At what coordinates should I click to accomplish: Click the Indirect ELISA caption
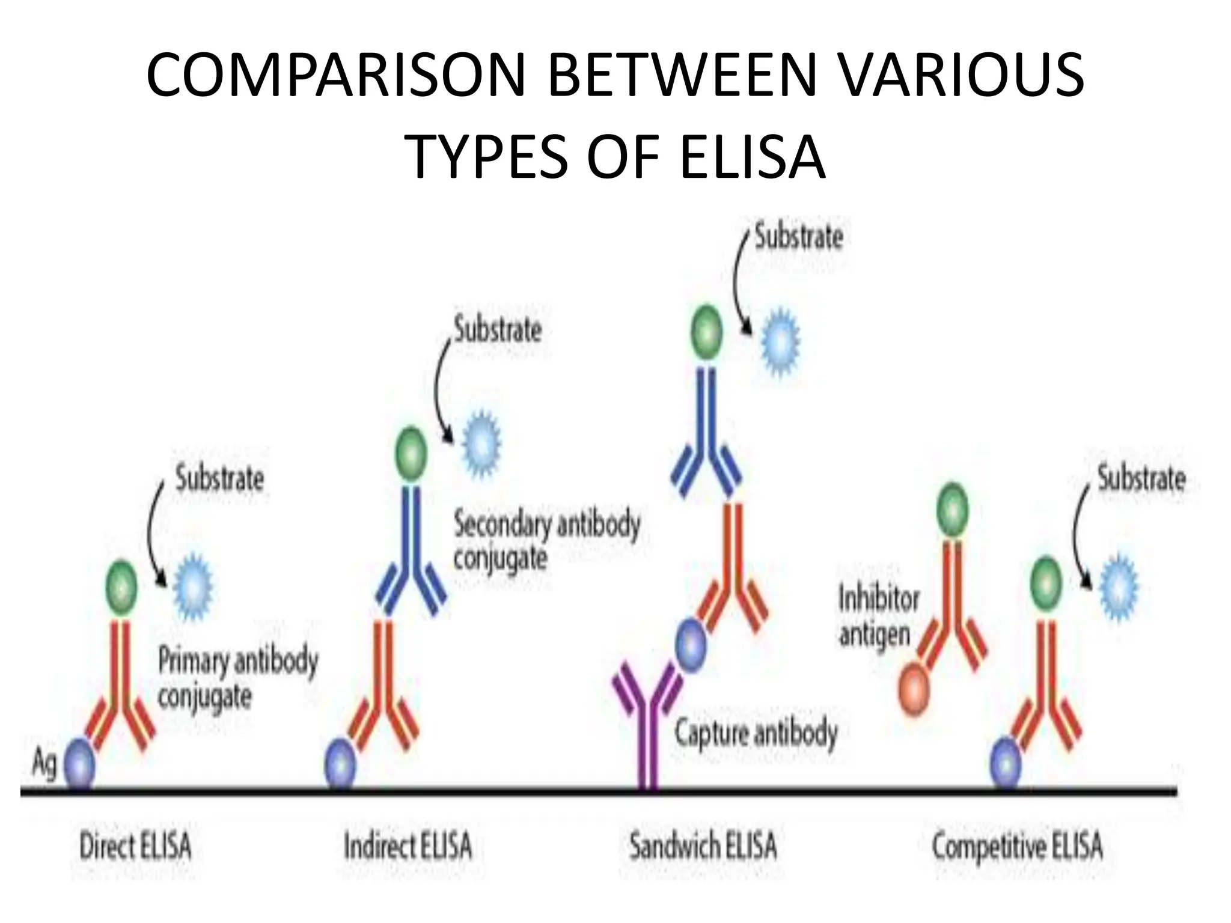[x=408, y=847]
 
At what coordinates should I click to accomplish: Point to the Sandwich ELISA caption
[x=703, y=847]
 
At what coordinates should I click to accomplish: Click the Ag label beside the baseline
[x=44, y=764]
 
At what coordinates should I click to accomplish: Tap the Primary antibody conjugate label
[x=237, y=679]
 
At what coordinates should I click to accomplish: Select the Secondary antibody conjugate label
[x=546, y=541]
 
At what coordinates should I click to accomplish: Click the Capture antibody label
[x=756, y=734]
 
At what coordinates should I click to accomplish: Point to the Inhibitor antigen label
[x=878, y=617]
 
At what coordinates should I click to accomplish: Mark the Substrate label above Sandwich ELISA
[x=799, y=236]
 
